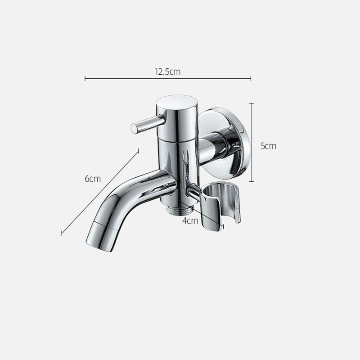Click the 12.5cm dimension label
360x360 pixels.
point(167,72)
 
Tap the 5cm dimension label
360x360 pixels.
point(268,146)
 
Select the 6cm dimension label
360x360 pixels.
point(93,179)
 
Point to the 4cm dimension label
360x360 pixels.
point(190,220)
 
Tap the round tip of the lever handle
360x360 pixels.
point(134,128)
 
